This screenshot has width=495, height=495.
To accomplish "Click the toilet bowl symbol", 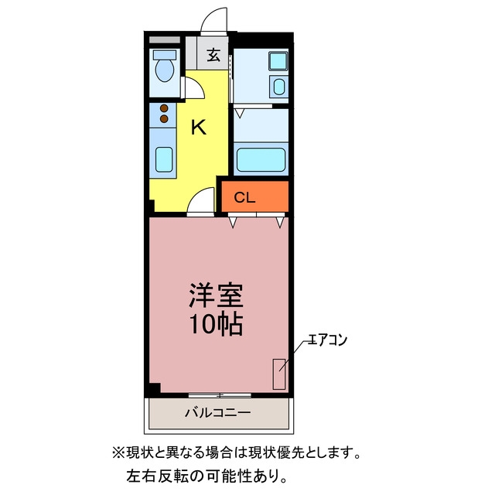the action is coord(165,70).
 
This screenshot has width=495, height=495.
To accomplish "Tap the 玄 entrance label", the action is coord(213,55).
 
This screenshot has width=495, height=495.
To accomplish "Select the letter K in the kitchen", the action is coord(199,127).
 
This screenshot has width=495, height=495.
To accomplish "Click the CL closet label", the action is coord(244,198).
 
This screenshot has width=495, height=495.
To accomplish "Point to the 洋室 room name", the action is coord(216,295).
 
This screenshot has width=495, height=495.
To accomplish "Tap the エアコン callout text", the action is coord(327,340).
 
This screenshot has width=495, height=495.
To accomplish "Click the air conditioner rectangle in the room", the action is coord(279,374).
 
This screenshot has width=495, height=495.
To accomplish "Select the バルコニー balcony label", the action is coord(218,412).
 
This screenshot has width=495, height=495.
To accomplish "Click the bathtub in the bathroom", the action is coord(261,160).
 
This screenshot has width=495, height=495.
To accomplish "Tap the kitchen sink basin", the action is coord(164,160).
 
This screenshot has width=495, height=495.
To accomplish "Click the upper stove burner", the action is coord(164,108).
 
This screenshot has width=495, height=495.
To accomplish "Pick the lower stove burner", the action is coord(164,118).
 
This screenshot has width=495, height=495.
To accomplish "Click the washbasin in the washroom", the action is coord(279,87).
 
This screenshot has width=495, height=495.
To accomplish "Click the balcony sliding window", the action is coord(220,395).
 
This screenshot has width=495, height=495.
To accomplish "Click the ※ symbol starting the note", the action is coord(118,453).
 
